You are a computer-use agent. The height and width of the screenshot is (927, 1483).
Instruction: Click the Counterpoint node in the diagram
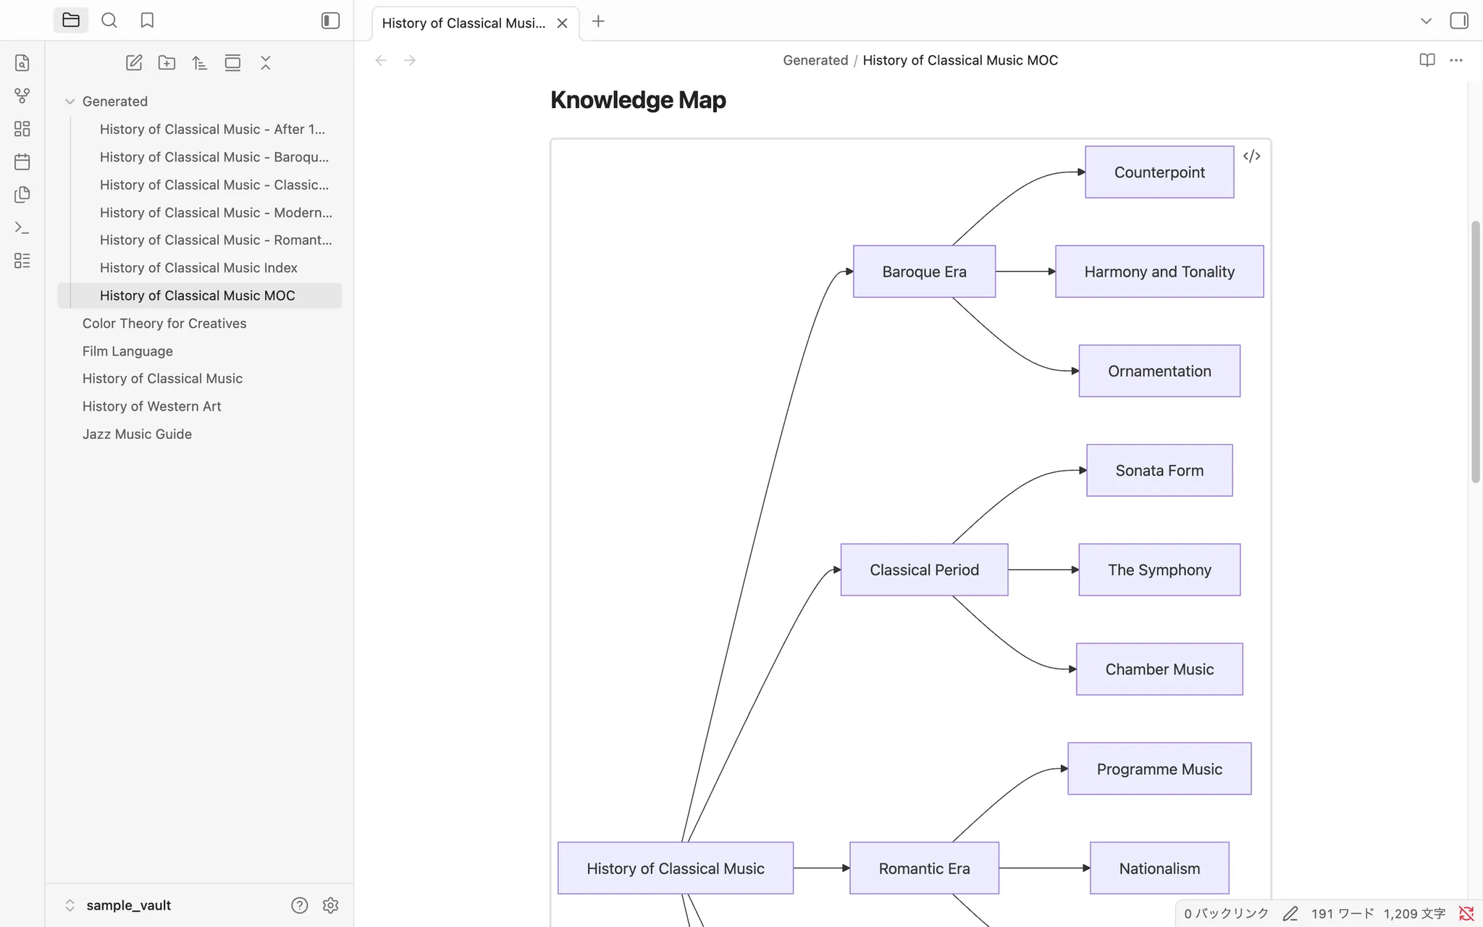click(1159, 172)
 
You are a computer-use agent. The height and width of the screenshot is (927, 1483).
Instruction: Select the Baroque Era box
click(924, 272)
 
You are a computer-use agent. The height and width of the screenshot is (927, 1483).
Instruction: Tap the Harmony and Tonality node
click(1159, 272)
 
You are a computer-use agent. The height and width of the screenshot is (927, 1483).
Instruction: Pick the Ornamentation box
click(1159, 371)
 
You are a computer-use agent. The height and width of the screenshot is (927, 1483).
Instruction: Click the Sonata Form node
click(1159, 471)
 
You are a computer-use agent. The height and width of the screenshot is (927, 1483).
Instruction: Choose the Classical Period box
click(924, 570)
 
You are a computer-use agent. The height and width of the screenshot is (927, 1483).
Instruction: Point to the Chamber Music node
click(1159, 669)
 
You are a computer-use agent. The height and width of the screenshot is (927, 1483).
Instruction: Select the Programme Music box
click(1159, 769)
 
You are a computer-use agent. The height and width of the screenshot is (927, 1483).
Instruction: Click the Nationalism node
click(1159, 868)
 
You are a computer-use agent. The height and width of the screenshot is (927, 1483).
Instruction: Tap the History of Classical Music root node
click(676, 868)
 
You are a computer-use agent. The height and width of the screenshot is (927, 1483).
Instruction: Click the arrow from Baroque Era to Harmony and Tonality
click(1025, 272)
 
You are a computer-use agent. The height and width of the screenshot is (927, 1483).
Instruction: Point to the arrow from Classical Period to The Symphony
click(1043, 570)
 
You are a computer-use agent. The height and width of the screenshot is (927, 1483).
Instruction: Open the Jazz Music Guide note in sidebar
click(137, 434)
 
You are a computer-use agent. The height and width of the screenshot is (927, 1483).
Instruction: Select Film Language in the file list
click(127, 351)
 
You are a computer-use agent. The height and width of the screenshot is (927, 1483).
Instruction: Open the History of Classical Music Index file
click(198, 268)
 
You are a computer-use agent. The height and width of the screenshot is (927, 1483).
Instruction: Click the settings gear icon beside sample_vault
click(330, 905)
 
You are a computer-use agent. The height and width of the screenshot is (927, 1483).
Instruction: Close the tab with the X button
click(562, 23)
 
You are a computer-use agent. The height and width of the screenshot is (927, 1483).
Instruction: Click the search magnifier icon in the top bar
click(109, 20)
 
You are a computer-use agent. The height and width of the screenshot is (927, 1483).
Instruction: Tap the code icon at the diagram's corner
click(1251, 156)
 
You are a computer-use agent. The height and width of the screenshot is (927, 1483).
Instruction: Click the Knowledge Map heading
click(638, 100)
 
